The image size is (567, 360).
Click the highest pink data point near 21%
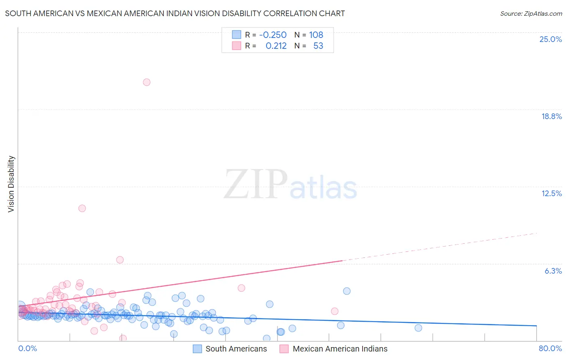147,82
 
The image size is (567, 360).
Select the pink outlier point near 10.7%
82,208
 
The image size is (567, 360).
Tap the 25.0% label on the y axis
550,39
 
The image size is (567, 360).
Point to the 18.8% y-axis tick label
551,116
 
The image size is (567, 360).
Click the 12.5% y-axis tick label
551,193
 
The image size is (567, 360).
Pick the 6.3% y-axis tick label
553,271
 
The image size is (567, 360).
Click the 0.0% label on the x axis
27,348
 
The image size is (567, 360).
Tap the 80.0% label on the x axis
550,348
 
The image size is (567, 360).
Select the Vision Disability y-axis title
11,184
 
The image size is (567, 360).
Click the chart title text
175,13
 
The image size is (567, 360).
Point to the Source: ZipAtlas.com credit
531,13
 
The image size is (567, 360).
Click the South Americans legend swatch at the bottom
197,349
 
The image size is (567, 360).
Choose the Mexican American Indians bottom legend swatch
284,349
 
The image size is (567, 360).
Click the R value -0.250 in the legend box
273,35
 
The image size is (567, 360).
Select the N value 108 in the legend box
316,35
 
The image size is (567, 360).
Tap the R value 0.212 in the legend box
276,46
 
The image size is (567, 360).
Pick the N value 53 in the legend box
318,46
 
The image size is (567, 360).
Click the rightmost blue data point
418,328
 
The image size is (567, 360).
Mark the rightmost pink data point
334,311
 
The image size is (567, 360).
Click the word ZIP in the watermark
256,185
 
